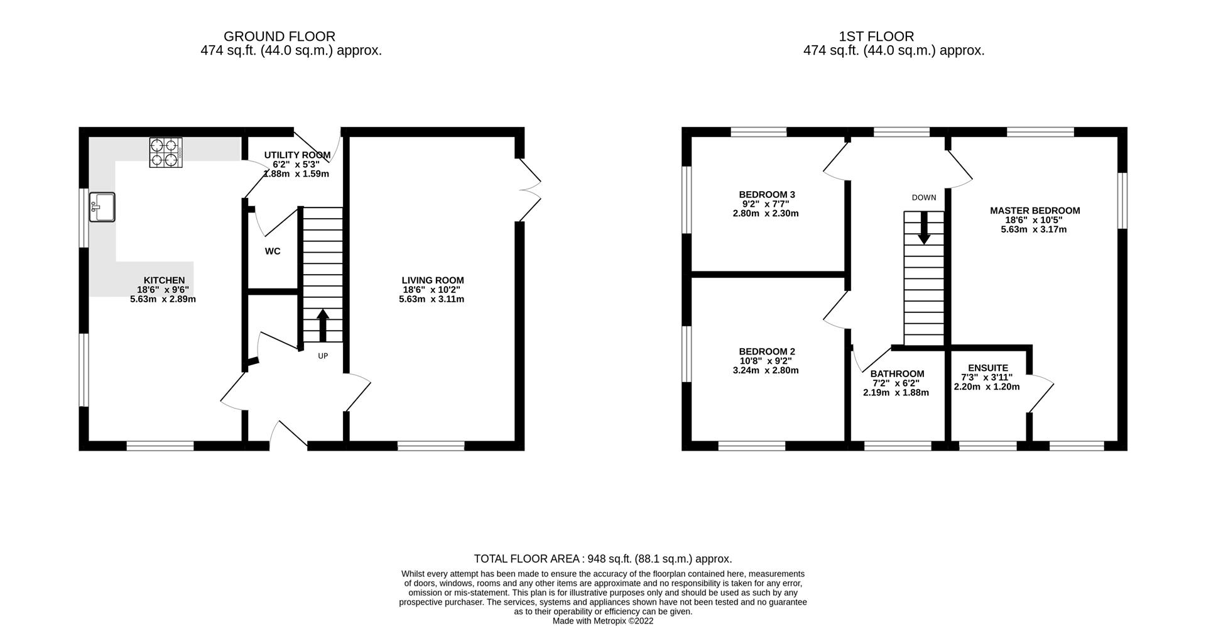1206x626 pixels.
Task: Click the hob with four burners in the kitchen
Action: [x=166, y=152]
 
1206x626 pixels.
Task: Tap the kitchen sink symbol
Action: [x=102, y=207]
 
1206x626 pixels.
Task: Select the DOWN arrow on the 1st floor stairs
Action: [x=924, y=228]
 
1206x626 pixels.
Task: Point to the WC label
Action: [x=273, y=251]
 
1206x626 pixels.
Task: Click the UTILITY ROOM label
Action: [x=297, y=155]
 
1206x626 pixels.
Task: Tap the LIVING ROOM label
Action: [x=433, y=280]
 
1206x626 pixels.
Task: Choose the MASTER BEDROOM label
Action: [x=1035, y=211]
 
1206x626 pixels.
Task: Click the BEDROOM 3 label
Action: [x=766, y=195]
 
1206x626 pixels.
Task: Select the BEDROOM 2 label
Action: [x=766, y=351]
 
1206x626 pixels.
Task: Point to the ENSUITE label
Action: [x=987, y=368]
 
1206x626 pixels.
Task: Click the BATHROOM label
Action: [x=896, y=374]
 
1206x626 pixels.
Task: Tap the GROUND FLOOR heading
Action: [x=280, y=36]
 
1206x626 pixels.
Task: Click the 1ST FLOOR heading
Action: [x=876, y=36]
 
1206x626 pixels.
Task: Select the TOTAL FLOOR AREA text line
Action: [x=602, y=559]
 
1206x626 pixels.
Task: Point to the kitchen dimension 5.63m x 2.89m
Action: [x=163, y=299]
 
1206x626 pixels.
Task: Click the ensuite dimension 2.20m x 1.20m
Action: [x=986, y=387]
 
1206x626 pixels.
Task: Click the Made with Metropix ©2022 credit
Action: [x=602, y=621]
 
